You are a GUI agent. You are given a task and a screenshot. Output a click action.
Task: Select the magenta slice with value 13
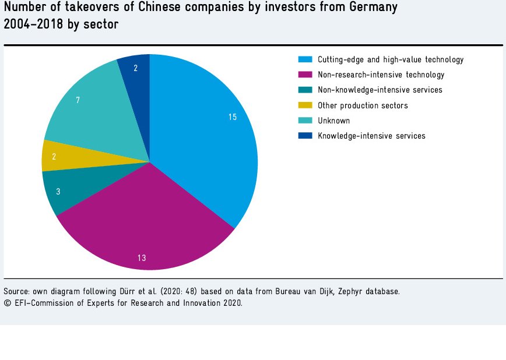click(x=146, y=221)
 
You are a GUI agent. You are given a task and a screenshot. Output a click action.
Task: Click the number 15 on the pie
click(x=233, y=118)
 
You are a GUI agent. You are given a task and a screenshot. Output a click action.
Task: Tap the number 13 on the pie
click(x=142, y=257)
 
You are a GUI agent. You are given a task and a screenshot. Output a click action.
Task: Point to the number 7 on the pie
click(x=78, y=100)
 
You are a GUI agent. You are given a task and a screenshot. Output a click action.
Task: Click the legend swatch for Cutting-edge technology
click(x=305, y=59)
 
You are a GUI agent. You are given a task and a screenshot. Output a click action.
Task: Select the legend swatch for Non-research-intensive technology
click(x=305, y=75)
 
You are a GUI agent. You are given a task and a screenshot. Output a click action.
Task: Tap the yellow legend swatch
click(x=305, y=105)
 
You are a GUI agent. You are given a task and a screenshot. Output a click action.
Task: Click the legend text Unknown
click(x=333, y=121)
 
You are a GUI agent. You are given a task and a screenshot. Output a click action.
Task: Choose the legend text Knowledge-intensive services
click(x=371, y=136)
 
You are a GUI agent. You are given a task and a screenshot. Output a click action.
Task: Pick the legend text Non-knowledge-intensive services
click(x=379, y=90)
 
